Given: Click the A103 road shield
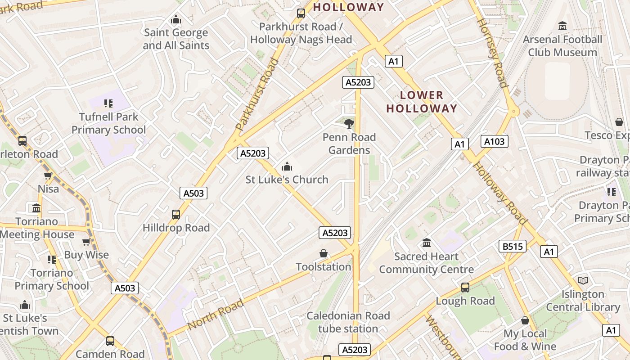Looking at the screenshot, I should tap(495, 141).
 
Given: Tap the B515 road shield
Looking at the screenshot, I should tap(513, 246).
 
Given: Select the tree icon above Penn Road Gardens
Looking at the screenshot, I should tap(349, 123).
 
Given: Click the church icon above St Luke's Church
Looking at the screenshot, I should tap(287, 167).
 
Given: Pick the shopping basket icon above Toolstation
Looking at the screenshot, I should tap(323, 254).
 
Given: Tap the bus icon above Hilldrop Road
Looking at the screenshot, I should tap(176, 215).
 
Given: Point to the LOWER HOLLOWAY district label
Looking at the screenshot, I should tap(422, 102).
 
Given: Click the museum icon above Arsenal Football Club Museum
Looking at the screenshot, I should tap(562, 26).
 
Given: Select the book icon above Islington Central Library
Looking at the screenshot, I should tap(583, 281).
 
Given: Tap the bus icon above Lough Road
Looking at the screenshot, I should tap(465, 288).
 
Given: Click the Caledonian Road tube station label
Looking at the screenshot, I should tap(348, 322).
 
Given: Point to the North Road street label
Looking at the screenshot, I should tap(216, 314).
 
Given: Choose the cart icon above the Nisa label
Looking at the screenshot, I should tap(48, 175).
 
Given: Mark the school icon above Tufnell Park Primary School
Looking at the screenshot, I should tap(108, 103).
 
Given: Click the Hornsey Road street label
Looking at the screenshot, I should tap(492, 53).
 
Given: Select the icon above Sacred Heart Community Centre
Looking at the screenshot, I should tap(427, 243).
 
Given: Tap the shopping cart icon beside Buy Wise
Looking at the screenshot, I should tap(86, 242).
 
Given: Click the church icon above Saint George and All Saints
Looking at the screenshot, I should tap(176, 19).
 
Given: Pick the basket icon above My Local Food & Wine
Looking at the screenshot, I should tap(525, 320).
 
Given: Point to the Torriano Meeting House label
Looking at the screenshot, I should tap(37, 228).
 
